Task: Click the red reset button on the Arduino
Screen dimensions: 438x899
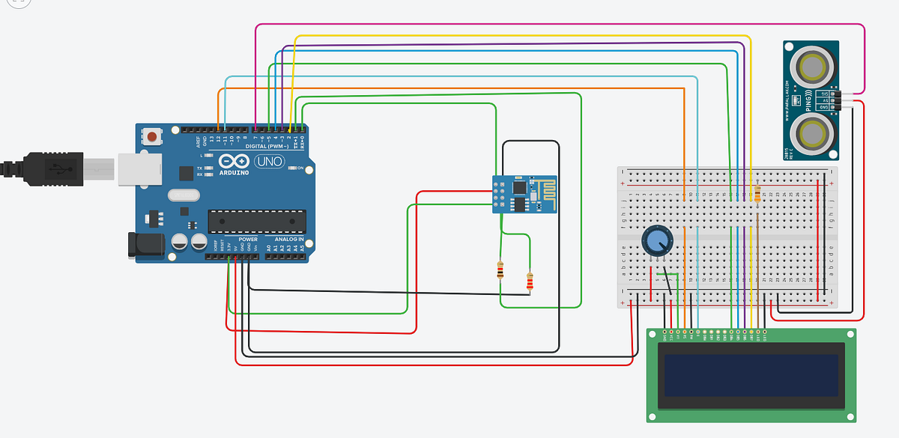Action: pos(154,138)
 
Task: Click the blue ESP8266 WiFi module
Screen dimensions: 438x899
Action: pos(524,193)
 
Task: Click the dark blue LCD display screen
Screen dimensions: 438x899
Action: pos(751,375)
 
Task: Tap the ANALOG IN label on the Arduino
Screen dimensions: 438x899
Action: pos(285,240)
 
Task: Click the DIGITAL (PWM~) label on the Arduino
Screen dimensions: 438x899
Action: pos(266,146)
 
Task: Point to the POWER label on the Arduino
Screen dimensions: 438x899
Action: pos(248,240)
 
